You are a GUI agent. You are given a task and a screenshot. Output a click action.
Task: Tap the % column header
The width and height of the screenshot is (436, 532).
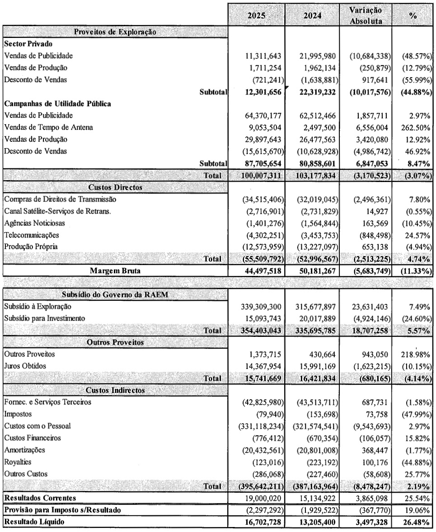[x=412, y=16]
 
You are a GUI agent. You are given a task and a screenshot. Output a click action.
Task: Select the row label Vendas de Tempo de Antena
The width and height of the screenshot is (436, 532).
[x=48, y=127]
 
